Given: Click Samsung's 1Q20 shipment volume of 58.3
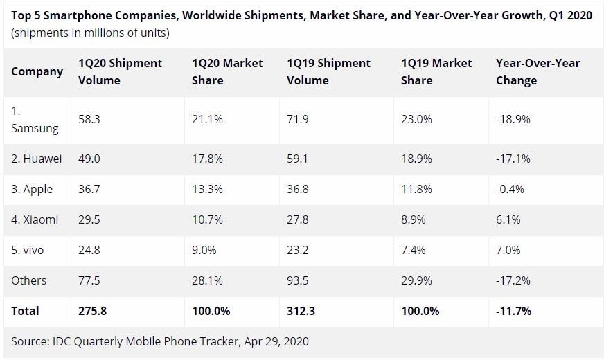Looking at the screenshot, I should coord(90,119).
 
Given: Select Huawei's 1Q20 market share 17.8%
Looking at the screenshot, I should coord(207,159).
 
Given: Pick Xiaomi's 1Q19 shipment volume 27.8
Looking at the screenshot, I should coord(298,219).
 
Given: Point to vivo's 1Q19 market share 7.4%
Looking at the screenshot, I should coord(414,250).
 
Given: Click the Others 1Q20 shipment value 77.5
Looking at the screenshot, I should coord(90,280).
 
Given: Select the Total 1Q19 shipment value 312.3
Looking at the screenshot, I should coord(301,311).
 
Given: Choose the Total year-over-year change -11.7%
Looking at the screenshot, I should coord(513,311).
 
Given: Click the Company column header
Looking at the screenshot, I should coord(37,71).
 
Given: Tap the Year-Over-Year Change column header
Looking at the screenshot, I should coord(538,71).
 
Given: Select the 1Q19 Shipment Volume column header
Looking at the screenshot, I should coord(328,71).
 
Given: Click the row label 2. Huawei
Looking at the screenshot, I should coord(37,159).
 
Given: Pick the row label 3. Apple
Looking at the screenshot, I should coord(32,189).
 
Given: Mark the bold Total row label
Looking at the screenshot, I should coord(25,311).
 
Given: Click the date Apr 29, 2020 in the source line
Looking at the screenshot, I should coord(276,341).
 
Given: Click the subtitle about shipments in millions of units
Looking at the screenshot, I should coord(90,33).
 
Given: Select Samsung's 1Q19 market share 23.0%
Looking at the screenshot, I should coord(416,119).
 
